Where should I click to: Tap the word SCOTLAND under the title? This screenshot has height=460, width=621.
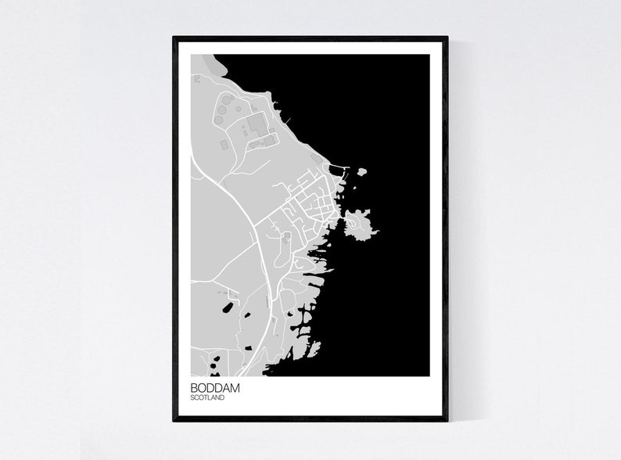207,398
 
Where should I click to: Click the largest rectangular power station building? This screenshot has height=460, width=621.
257,123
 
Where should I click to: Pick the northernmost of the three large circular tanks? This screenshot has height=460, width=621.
225,99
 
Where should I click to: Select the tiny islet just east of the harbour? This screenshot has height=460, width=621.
361,171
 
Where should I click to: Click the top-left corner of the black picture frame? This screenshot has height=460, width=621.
174,38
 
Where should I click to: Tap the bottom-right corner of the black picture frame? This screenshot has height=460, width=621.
447,419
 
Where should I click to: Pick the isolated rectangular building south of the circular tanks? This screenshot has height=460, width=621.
224,144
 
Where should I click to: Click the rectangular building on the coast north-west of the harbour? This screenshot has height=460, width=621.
317,159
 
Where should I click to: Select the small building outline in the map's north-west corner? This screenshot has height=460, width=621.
196,79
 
